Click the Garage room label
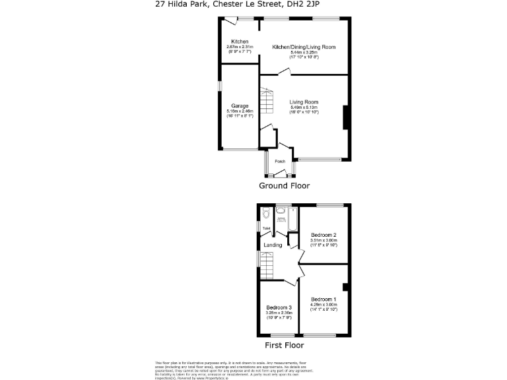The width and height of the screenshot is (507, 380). point(239,106)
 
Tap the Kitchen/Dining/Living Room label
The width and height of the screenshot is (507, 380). point(304,47)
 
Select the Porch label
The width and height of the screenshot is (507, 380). point(280,162)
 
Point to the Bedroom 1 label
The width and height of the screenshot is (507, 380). point(323,300)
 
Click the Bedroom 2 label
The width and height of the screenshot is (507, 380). point(324,236)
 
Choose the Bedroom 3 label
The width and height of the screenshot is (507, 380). point(279,308)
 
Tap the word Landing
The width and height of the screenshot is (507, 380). point(273,245)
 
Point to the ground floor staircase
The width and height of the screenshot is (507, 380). point(265,103)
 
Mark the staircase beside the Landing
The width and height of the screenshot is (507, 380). point(265,268)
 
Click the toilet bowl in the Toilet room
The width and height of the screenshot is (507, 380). point(265,213)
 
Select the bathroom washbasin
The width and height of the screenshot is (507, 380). point(281,212)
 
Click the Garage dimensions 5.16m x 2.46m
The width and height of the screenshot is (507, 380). point(239,111)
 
